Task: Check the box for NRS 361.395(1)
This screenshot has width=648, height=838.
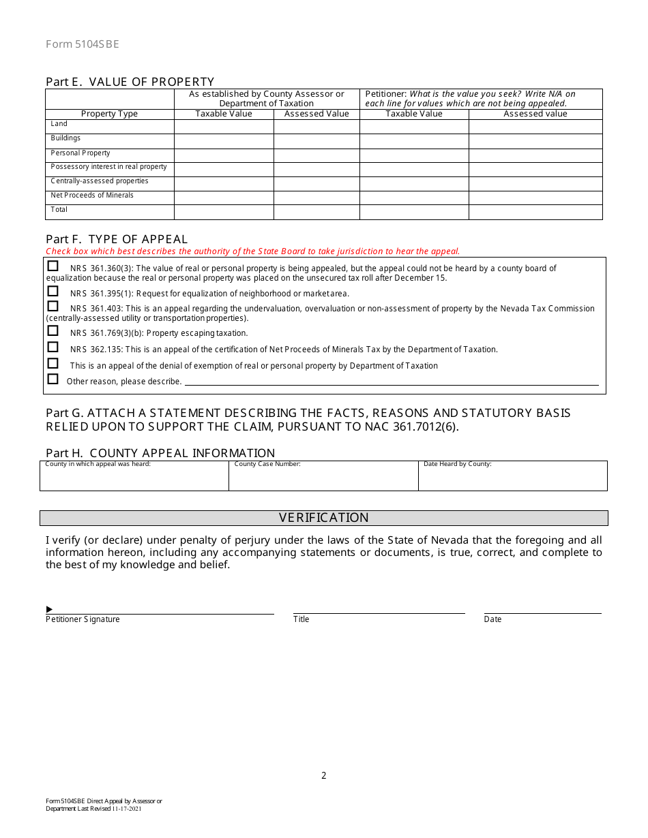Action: coord(53,291)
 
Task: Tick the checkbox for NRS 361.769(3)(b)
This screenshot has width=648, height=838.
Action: coord(53,331)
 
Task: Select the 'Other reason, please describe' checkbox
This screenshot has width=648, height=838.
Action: coord(53,379)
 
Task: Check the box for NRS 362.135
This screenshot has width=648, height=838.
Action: coord(53,347)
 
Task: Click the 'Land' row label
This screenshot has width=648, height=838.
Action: coord(59,124)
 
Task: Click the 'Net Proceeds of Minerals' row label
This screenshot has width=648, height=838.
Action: coord(92,196)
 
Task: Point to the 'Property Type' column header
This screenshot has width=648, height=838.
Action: coord(109,114)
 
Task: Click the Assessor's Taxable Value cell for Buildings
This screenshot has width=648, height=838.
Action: coord(224,141)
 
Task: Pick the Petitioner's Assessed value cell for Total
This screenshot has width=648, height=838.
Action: coord(535,212)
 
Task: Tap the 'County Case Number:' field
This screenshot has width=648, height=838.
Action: coord(323,477)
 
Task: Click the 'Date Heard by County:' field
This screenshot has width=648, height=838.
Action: coord(512,477)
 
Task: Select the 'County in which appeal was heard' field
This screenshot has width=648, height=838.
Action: coord(134,477)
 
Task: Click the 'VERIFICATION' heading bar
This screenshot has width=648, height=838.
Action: coord(323,518)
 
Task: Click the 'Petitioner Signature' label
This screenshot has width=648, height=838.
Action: coord(83,619)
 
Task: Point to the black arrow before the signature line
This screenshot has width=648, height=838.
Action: coord(49,609)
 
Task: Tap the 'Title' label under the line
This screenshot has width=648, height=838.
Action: coord(301,619)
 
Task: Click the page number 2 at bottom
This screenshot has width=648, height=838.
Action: coord(324,775)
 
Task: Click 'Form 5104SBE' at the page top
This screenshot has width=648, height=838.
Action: coord(82,44)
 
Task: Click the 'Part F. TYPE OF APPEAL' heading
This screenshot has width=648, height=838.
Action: coord(117,239)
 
